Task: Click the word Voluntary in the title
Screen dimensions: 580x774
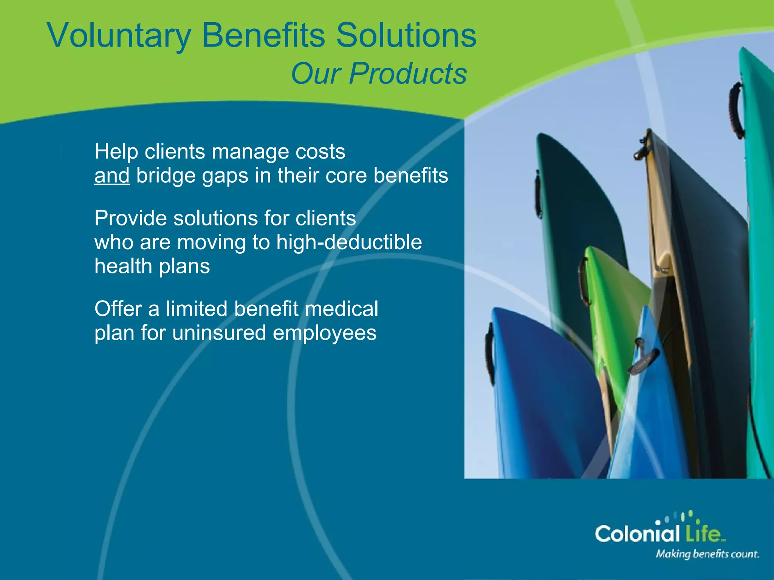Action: (x=119, y=35)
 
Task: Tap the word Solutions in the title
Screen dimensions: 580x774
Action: (x=406, y=35)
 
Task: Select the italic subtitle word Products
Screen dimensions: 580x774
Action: (x=408, y=74)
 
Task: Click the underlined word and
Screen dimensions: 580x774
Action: (x=112, y=176)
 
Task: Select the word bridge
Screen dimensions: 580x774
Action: (x=166, y=176)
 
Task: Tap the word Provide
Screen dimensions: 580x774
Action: (x=130, y=218)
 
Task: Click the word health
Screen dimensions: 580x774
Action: (x=123, y=266)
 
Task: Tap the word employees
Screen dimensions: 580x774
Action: (x=325, y=333)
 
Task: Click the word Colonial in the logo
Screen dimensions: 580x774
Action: (x=637, y=534)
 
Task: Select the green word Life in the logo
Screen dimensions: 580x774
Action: (x=704, y=534)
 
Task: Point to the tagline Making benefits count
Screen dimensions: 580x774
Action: (x=707, y=554)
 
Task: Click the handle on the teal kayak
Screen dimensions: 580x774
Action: (x=735, y=110)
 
